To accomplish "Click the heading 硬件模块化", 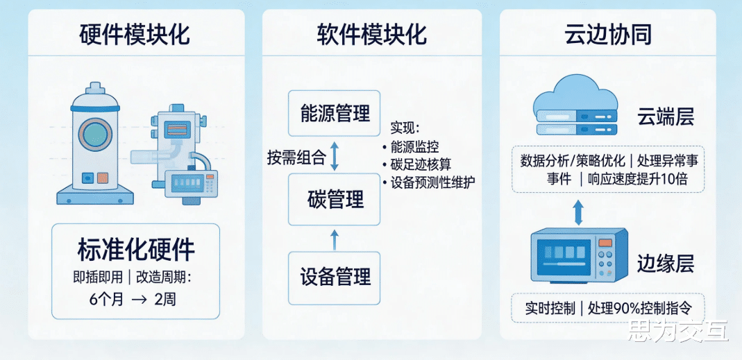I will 135,35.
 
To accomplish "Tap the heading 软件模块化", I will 371,35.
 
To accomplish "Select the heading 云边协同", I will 608,35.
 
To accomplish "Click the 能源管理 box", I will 334,113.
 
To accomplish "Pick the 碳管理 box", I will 335,200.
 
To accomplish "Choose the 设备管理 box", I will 335,277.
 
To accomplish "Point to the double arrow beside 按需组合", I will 335,156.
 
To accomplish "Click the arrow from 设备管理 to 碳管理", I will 335,239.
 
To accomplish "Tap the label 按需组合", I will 296,157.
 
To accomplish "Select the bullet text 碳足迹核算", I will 415,164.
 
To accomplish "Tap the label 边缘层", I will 665,264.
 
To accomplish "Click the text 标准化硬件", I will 135,250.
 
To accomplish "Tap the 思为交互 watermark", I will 677,333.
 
